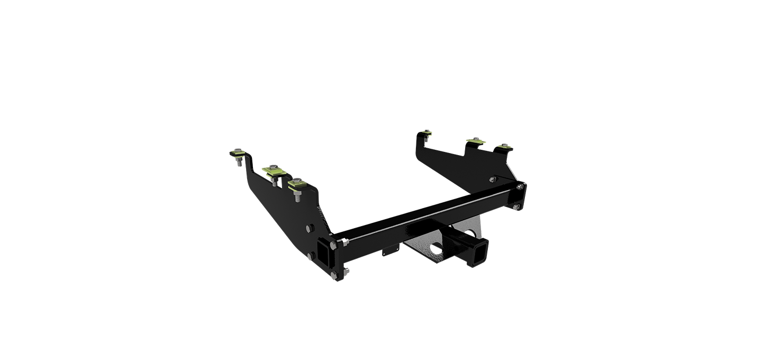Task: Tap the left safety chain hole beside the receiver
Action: (x=435, y=249)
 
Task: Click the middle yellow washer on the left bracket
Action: (x=274, y=171)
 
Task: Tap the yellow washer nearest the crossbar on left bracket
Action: (x=297, y=184)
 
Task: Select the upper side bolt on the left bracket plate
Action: (x=310, y=229)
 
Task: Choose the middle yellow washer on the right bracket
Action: (x=475, y=141)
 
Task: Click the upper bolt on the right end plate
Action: (x=522, y=186)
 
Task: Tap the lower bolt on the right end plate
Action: (x=515, y=207)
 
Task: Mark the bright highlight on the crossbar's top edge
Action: (x=423, y=211)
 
